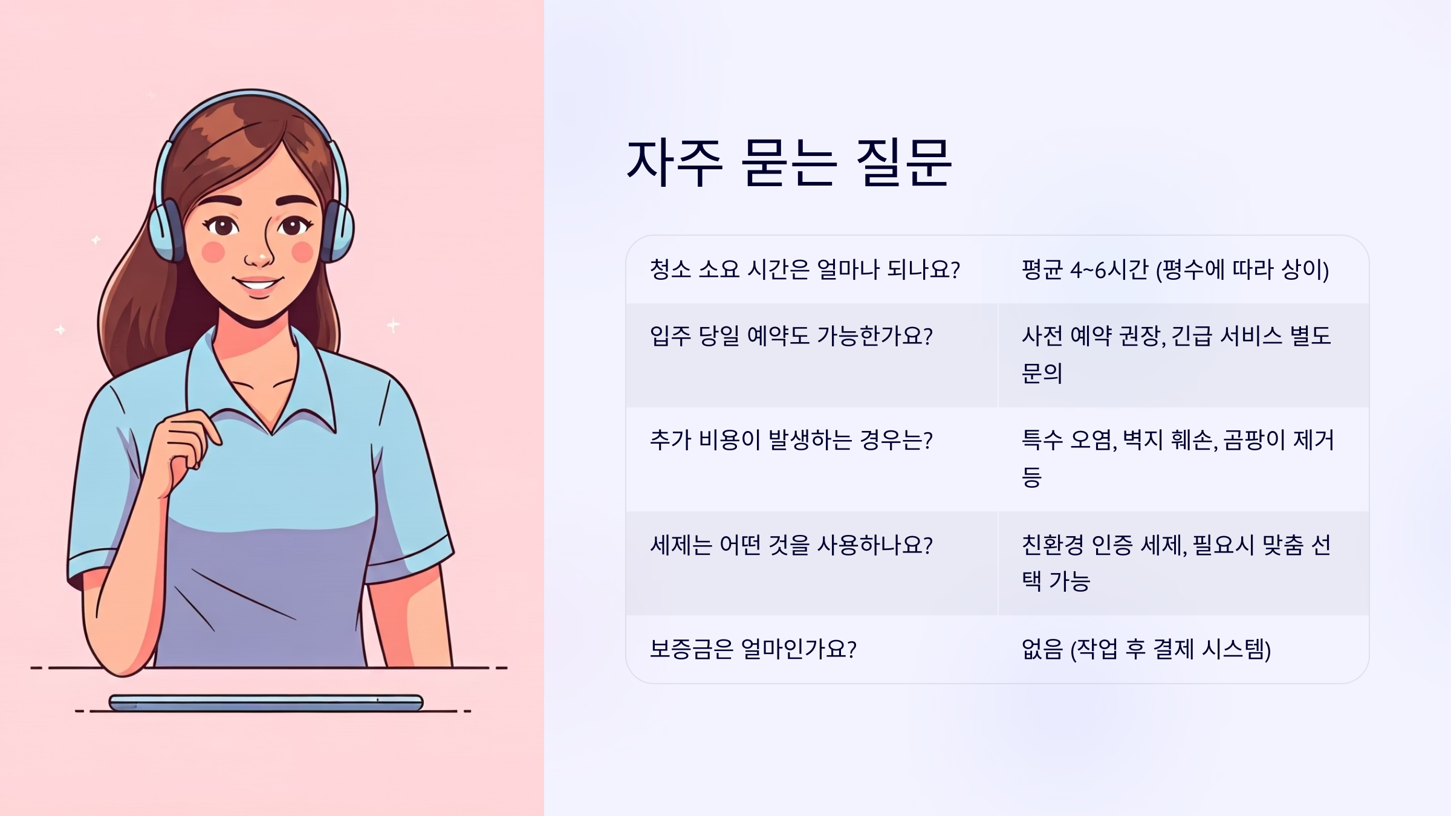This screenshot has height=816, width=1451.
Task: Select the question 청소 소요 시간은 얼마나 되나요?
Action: tap(805, 270)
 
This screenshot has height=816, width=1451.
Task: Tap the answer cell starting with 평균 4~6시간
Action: tap(1175, 270)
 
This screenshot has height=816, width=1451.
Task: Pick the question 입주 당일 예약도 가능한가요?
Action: tap(791, 336)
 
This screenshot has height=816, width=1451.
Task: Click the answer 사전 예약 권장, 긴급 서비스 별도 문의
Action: tap(1176, 354)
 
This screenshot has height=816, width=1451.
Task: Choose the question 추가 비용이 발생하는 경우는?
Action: tap(791, 440)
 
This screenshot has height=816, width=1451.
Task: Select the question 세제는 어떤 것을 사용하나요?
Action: tap(791, 545)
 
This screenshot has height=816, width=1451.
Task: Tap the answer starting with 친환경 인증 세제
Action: tap(1176, 562)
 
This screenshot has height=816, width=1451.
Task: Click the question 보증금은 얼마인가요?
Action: tap(753, 649)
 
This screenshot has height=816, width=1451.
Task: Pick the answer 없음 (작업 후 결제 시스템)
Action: tap(1146, 649)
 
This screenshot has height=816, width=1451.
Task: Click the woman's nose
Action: tap(259, 257)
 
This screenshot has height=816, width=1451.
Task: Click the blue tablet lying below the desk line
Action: tap(266, 703)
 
